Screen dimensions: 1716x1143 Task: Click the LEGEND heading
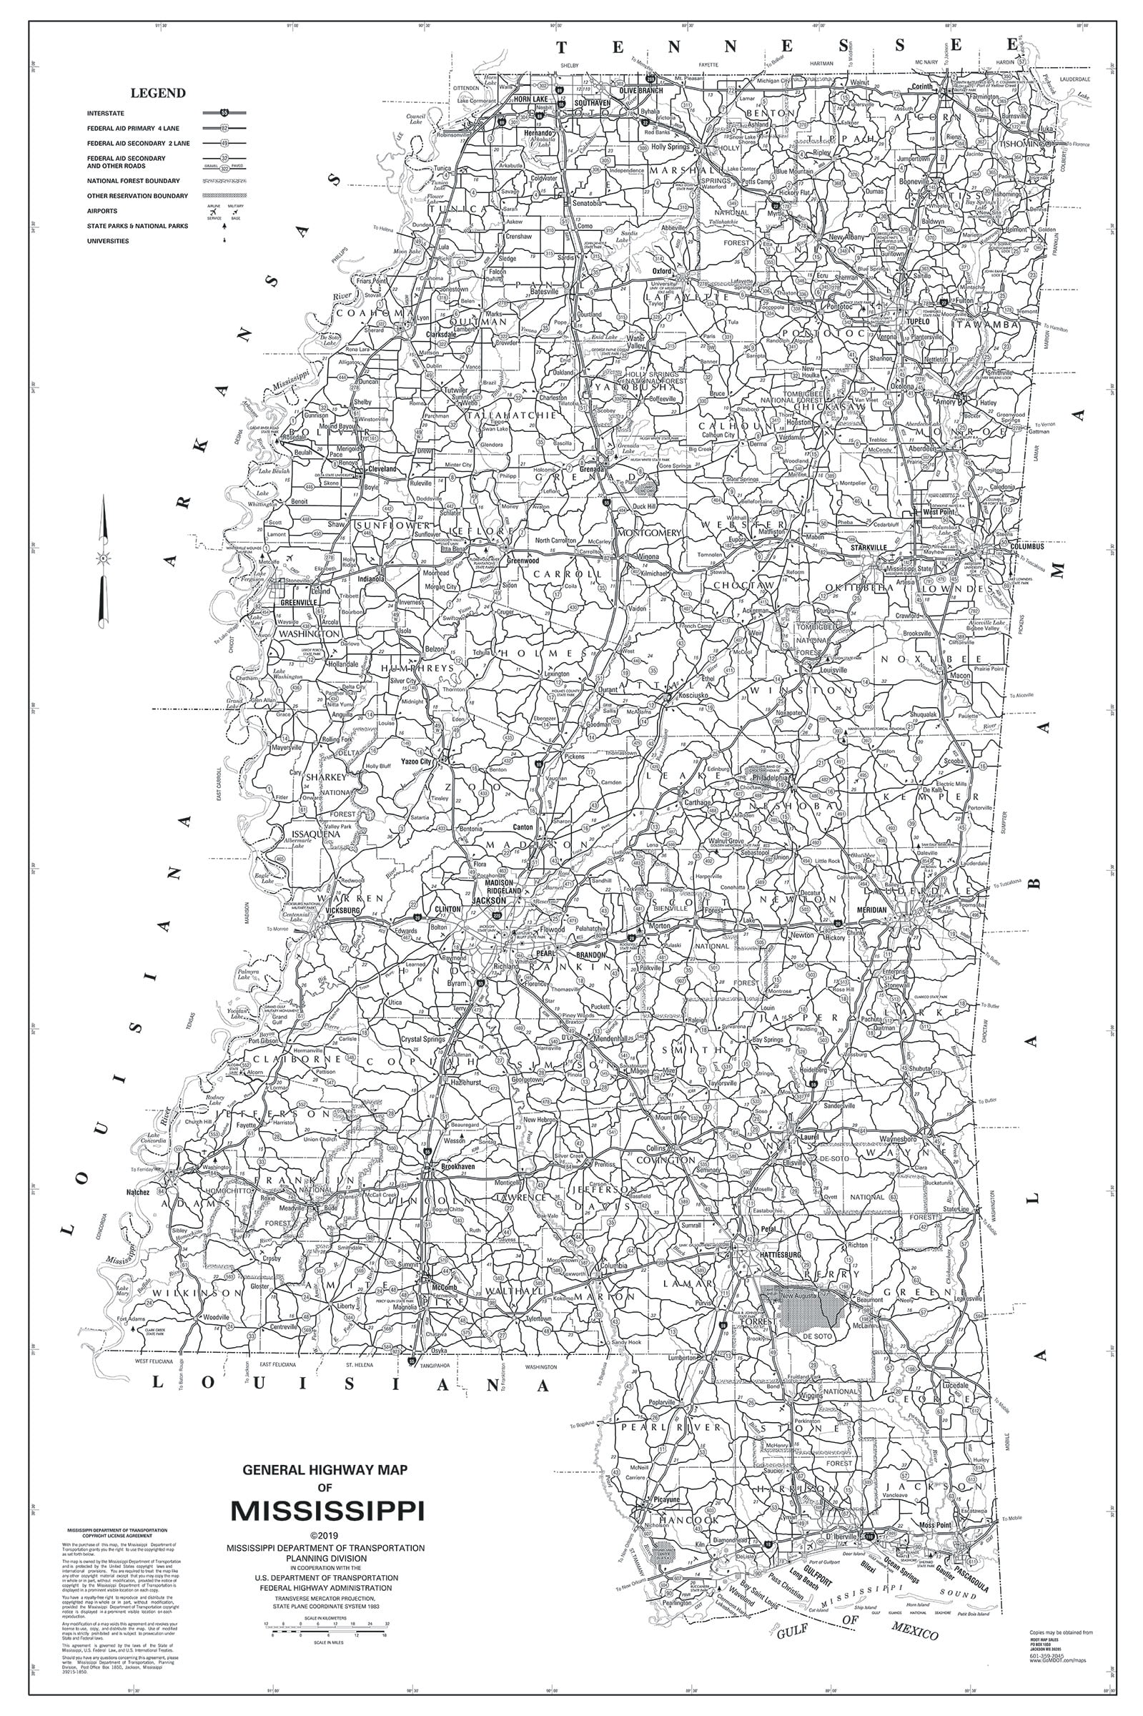coord(157,94)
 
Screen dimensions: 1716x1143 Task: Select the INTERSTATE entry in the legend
coord(106,114)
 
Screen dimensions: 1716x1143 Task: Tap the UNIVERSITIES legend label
coord(107,241)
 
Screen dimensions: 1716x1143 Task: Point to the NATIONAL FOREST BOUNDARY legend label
coord(133,181)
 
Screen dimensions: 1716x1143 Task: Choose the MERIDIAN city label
coord(872,910)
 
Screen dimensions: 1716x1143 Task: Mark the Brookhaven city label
coord(457,1166)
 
